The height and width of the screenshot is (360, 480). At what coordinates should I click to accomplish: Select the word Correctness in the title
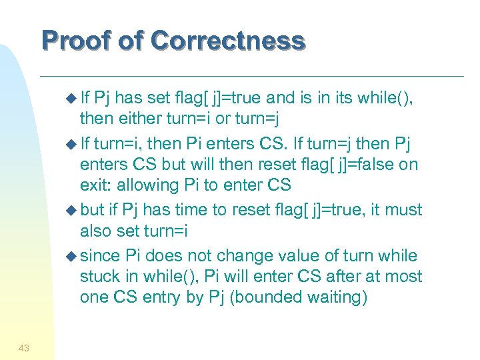point(228,41)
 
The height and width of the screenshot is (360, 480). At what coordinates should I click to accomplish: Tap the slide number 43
point(23,347)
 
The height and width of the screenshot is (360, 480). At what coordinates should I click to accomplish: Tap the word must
point(401,210)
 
